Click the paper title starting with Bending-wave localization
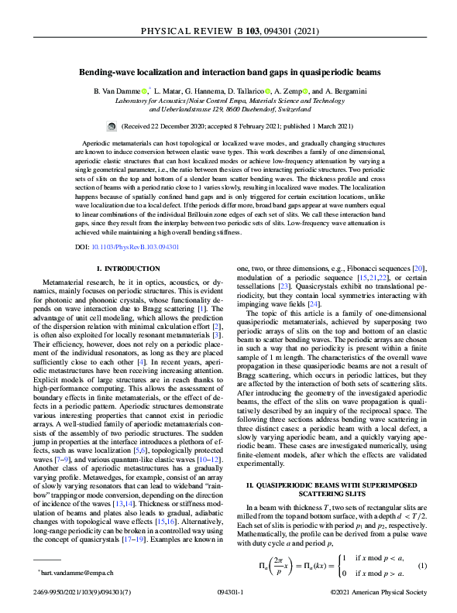(x=228, y=73)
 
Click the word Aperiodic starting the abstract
(x=98, y=145)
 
